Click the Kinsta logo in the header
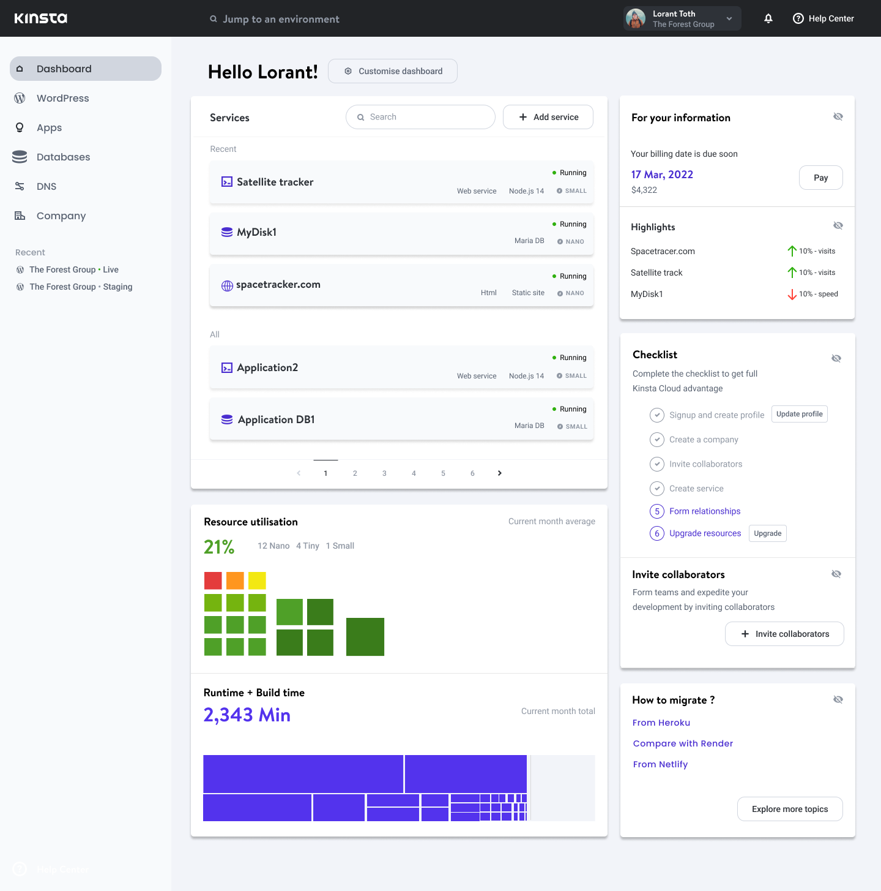[40, 18]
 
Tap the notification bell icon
[768, 18]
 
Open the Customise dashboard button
[393, 71]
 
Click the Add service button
[548, 117]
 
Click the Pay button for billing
[820, 178]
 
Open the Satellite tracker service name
[275, 182]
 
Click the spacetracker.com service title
[278, 284]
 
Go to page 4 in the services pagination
[414, 473]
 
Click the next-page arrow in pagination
[499, 473]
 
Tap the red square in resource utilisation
[213, 581]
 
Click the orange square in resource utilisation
[235, 581]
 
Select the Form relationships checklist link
[705, 511]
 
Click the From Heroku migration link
[661, 723]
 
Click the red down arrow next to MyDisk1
[792, 295]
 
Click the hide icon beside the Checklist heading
[836, 358]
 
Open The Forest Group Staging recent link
[80, 287]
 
